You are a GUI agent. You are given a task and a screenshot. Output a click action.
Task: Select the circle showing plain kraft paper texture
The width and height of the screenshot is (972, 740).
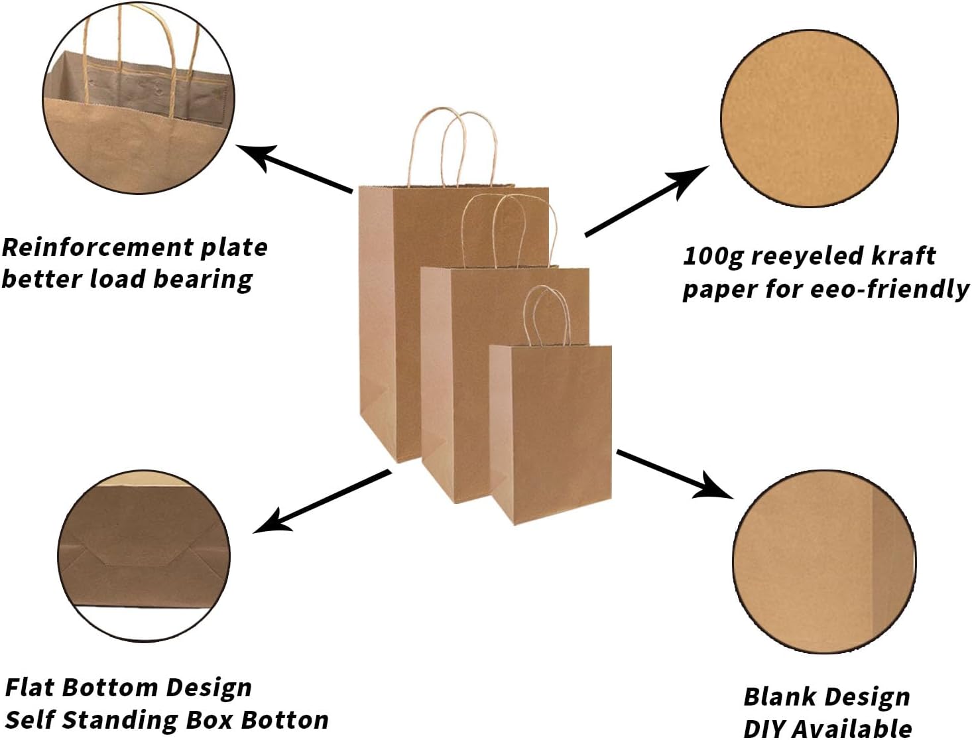[809, 118]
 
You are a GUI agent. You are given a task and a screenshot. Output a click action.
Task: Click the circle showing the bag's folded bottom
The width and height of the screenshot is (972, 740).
[144, 556]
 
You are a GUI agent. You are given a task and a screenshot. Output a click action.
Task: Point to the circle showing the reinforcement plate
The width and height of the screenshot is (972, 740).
[139, 97]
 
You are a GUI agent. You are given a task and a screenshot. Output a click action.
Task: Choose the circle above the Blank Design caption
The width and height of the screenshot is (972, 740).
[824, 562]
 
